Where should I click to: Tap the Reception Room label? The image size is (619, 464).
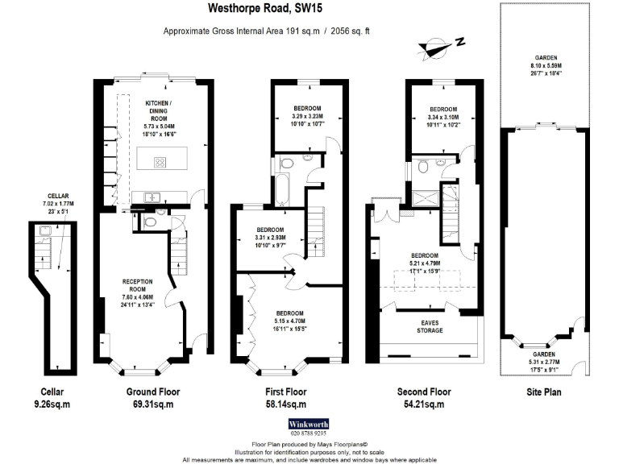click(x=137, y=293)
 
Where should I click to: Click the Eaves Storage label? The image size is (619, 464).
click(x=429, y=326)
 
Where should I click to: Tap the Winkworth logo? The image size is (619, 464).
click(x=309, y=423)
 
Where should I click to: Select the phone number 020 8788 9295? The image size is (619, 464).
click(x=309, y=433)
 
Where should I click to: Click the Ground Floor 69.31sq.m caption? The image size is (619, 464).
click(x=152, y=398)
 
